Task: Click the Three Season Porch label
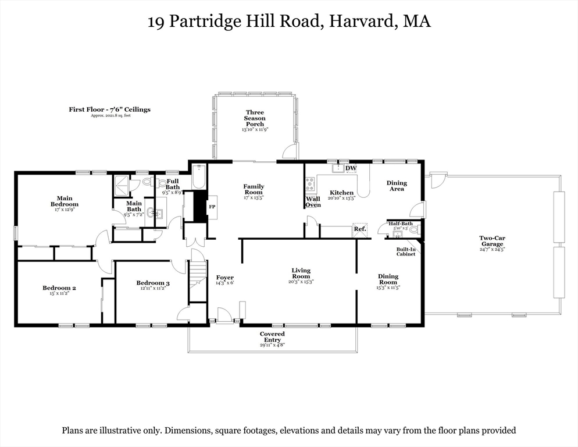pyautogui.click(x=255, y=118)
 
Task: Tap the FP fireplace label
pyautogui.click(x=212, y=207)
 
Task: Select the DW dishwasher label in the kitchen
pyautogui.click(x=351, y=169)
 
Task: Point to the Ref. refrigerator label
pyautogui.click(x=360, y=229)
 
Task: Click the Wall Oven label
pyautogui.click(x=313, y=201)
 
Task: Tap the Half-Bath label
pyautogui.click(x=401, y=223)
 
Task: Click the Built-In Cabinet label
pyautogui.click(x=406, y=251)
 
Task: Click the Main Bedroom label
pyautogui.click(x=64, y=201)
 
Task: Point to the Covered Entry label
pyautogui.click(x=272, y=337)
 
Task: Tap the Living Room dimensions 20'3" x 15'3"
pyautogui.click(x=301, y=282)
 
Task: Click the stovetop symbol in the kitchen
pyautogui.click(x=310, y=184)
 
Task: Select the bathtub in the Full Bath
pyautogui.click(x=199, y=176)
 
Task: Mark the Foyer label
pyautogui.click(x=224, y=277)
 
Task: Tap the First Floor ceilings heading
pyautogui.click(x=109, y=109)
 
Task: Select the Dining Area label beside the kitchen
pyautogui.click(x=397, y=186)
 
